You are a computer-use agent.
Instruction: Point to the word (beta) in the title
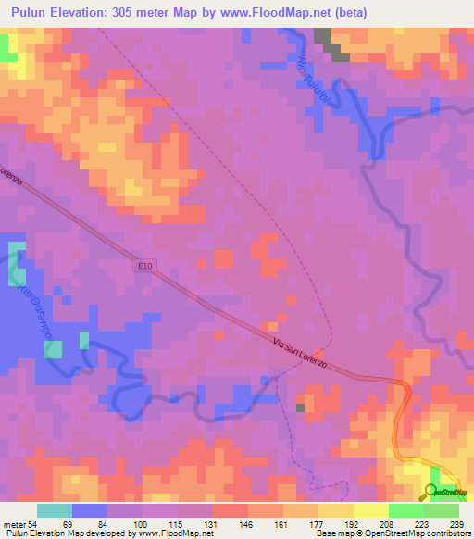coord(350,13)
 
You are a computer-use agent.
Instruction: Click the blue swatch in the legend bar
coord(89,510)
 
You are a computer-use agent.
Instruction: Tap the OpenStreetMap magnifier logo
coord(432,492)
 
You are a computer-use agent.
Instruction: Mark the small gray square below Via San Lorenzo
coord(300,407)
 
